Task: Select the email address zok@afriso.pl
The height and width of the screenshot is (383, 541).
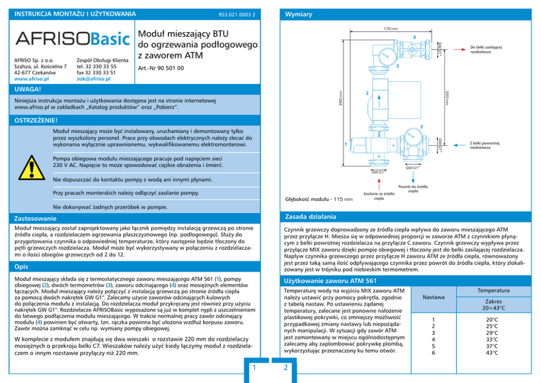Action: tap(93, 79)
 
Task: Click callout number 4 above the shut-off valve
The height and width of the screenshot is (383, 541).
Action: tap(414, 37)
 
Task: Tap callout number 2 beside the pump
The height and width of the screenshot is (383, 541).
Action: tap(366, 93)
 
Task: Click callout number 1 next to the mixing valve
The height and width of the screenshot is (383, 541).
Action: tap(345, 144)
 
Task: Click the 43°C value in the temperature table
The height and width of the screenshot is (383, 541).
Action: tap(491, 353)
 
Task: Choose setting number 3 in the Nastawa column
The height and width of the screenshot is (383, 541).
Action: tap(434, 333)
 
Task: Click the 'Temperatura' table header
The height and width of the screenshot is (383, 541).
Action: tap(493, 290)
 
